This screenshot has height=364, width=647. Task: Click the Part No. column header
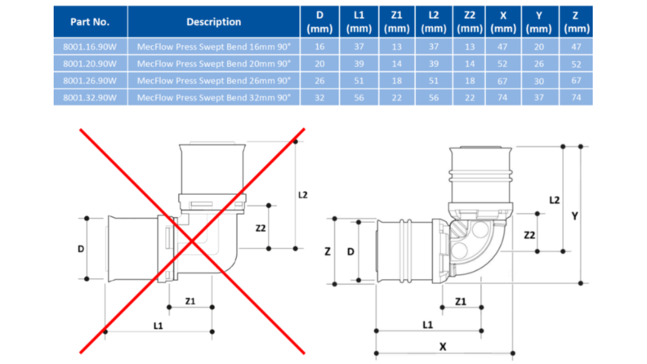pos(89,22)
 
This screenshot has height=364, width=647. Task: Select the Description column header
pos(213,22)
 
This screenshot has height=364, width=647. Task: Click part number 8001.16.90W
pos(89,47)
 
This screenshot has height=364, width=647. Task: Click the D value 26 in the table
pos(319,81)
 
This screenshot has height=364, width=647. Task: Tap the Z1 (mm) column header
pos(397,22)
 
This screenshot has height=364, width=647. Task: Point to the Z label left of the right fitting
pos(328,252)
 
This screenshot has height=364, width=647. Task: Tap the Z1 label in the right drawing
pos(461,301)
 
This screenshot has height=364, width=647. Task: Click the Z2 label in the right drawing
pos(529,235)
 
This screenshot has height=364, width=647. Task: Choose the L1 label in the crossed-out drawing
pos(158,326)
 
